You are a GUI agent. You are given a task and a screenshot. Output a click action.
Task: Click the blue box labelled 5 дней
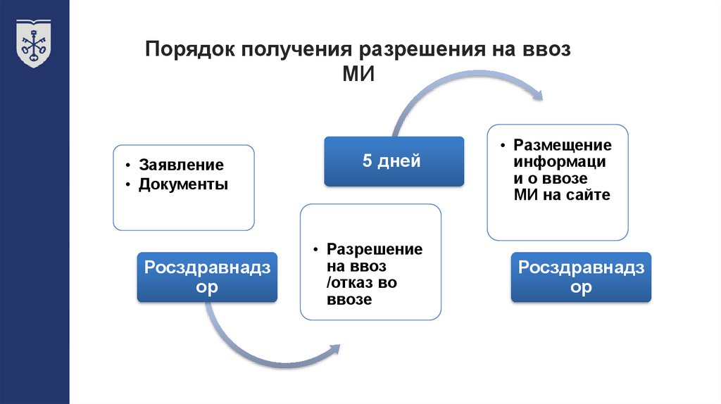click(394, 161)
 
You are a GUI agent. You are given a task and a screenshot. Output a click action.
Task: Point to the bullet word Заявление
click(181, 165)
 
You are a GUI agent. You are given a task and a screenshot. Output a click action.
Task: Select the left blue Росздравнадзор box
click(207, 277)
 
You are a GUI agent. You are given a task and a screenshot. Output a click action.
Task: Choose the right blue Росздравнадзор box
click(581, 277)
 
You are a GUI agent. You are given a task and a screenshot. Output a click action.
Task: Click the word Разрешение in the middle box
click(375, 250)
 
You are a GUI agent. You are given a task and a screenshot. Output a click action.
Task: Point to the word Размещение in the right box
click(563, 145)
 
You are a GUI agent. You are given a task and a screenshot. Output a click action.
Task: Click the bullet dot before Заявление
click(128, 166)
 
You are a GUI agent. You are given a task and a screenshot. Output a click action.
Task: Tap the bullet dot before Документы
click(128, 185)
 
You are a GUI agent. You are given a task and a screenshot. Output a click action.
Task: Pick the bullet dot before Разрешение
click(316, 251)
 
